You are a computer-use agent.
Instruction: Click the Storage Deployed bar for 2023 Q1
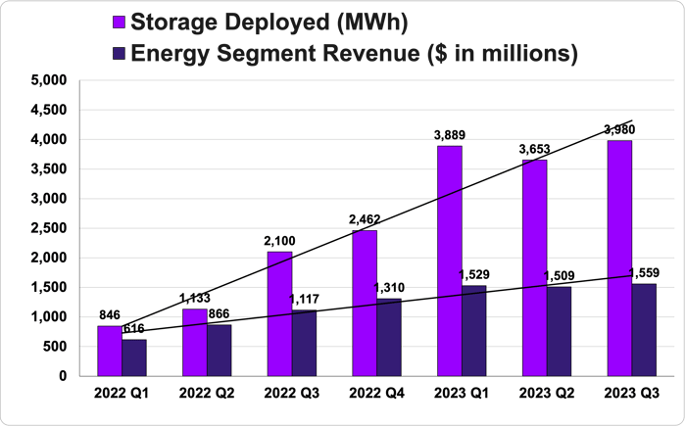[450, 261]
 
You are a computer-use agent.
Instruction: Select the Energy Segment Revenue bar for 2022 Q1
[134, 357]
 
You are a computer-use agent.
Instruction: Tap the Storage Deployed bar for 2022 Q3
[279, 313]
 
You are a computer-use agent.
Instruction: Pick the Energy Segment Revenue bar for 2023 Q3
[644, 329]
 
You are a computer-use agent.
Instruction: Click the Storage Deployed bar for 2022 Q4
[364, 303]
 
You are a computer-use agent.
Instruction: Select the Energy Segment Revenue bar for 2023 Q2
[559, 331]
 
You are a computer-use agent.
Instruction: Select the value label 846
[110, 315]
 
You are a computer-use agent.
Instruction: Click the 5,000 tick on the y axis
[49, 80]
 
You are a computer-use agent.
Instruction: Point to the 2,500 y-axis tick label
[49, 228]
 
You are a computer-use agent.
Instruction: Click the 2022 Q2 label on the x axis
[207, 392]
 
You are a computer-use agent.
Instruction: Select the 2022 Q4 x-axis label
[376, 392]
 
